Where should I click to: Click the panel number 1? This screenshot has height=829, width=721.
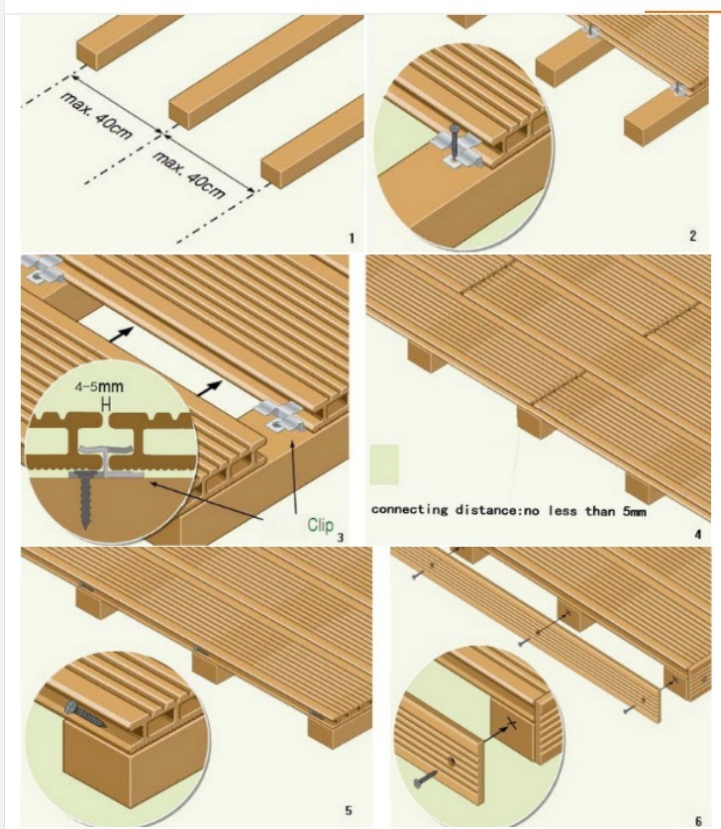351,238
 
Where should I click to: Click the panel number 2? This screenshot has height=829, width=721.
692,236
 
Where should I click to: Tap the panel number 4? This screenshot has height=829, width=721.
698,535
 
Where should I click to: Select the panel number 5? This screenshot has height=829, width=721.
348,810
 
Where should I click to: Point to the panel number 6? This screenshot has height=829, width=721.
698,820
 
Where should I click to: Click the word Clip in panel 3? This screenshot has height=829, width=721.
321,525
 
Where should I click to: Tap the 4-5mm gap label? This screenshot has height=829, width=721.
99,386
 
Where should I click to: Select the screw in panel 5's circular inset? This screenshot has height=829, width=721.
84,713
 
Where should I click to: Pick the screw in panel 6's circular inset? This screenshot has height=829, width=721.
426,778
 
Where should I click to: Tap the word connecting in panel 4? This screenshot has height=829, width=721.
410,510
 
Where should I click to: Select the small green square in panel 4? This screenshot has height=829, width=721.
383,464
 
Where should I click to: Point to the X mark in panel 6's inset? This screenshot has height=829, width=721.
511,723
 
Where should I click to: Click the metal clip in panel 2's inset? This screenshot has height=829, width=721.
456,151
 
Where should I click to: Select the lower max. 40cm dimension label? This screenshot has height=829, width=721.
189,174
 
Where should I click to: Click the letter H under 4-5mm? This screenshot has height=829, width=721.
106,405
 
